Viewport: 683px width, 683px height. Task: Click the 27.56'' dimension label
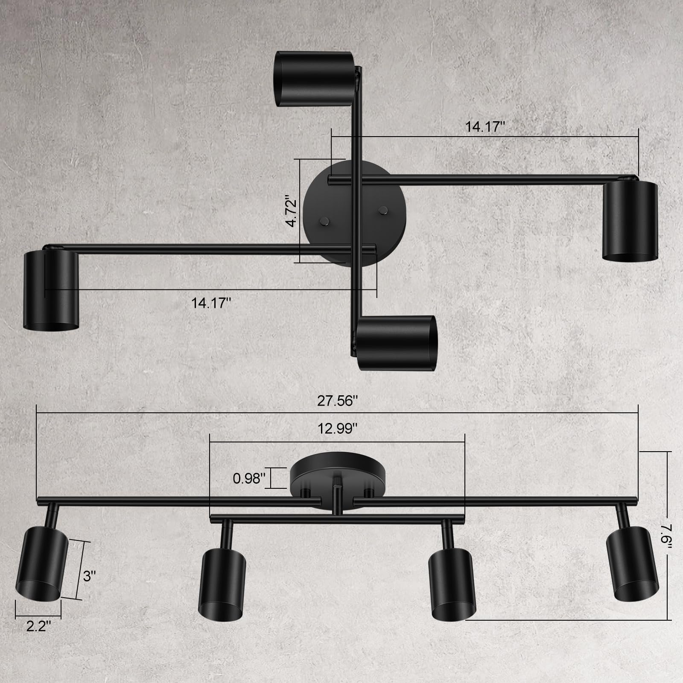tap(337, 401)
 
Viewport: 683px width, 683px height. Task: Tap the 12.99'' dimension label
tap(337, 429)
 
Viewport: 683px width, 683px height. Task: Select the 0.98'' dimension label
tap(249, 479)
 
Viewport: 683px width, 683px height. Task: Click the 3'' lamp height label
tap(89, 576)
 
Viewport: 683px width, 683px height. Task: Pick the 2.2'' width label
tap(39, 626)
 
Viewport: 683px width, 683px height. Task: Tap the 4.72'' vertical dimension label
tap(292, 211)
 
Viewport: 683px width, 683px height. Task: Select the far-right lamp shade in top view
tap(630, 220)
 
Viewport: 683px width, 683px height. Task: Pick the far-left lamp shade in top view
tap(51, 290)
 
